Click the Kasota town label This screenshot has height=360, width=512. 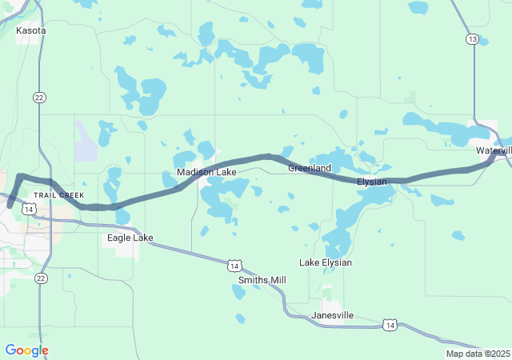(x=31, y=30)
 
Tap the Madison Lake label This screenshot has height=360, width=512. (x=201, y=172)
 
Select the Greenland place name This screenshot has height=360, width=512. (x=310, y=168)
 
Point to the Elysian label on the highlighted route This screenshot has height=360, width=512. (x=372, y=182)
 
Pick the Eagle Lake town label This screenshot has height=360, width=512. (x=130, y=238)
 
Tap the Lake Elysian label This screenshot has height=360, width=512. (x=326, y=262)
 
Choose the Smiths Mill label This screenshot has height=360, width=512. (x=262, y=280)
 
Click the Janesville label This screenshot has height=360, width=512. (x=332, y=315)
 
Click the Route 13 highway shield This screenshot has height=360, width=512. (x=473, y=39)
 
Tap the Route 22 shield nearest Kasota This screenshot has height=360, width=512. (x=39, y=97)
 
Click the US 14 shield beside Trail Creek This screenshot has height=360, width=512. (x=29, y=209)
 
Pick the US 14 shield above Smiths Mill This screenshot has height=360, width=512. (x=234, y=265)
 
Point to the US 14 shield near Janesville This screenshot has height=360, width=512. (x=389, y=324)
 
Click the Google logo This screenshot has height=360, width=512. (x=26, y=350)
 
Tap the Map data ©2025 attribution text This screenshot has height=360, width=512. (x=478, y=354)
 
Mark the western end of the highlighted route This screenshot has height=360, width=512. (x=10, y=205)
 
